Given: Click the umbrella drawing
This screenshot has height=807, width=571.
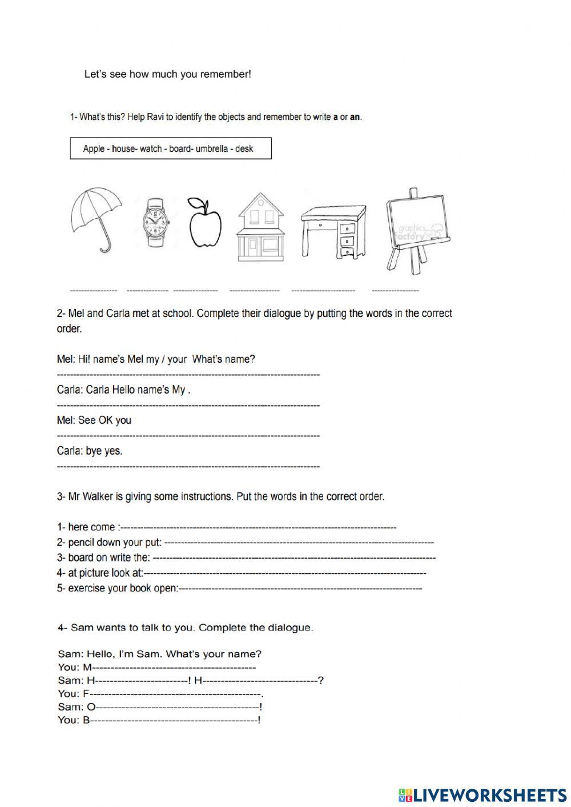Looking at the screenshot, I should coord(96,217).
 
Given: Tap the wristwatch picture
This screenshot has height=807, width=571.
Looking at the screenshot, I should coord(156,222).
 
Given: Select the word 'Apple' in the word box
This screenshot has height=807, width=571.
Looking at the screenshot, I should coord(94,148).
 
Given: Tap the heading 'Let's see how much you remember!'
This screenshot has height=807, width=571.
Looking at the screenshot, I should coord(167,74).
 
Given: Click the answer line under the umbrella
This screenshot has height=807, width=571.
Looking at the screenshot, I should coord(94,291).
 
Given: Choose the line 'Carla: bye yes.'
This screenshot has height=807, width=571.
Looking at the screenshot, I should coord(90,451).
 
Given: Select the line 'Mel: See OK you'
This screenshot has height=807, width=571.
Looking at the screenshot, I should coord(94,420).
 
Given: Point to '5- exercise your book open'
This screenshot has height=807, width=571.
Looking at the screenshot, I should coord(118,588).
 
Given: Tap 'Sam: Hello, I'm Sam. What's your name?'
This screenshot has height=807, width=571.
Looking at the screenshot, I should coord(160,654).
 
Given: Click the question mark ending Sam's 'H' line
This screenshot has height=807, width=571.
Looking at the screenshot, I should coord(321,680).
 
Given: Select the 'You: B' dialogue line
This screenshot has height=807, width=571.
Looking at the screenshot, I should coord(74,720).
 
